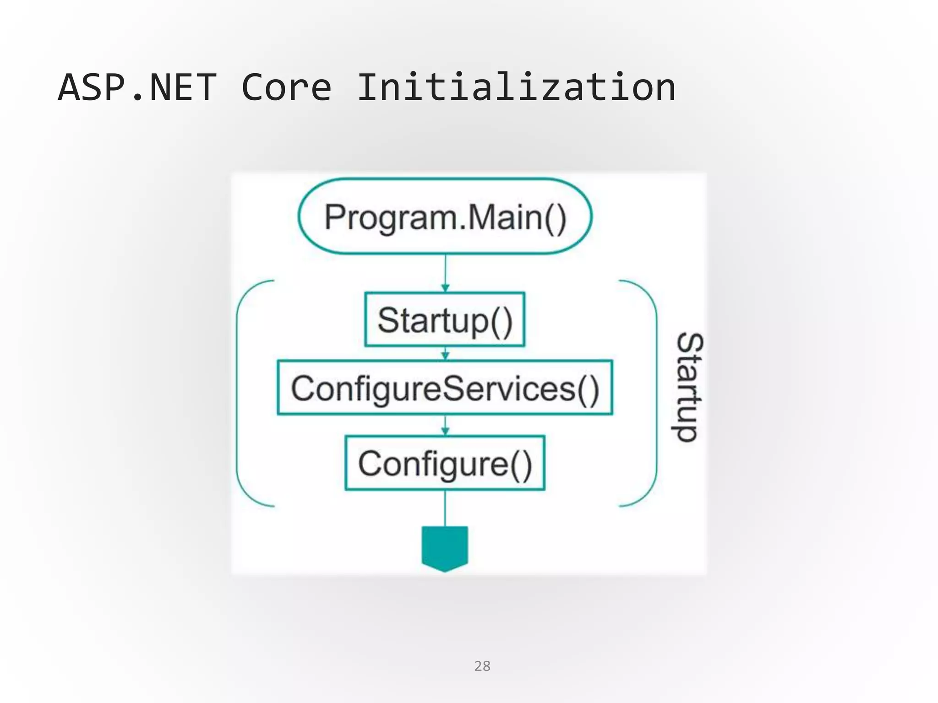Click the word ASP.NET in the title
tap(137, 87)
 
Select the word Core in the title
tap(286, 87)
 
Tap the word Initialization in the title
tap(516, 87)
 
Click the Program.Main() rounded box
tap(445, 216)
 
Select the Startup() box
tap(445, 319)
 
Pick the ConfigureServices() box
tap(445, 388)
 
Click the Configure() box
tap(445, 463)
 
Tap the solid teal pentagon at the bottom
tap(445, 548)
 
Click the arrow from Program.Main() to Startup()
tap(445, 273)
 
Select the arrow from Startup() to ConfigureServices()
tap(445, 353)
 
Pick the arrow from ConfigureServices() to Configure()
tap(445, 425)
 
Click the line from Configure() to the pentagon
tap(445, 508)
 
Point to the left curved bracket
tap(243, 394)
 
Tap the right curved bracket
tap(650, 394)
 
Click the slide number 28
tap(482, 666)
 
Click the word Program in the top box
tap(390, 217)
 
